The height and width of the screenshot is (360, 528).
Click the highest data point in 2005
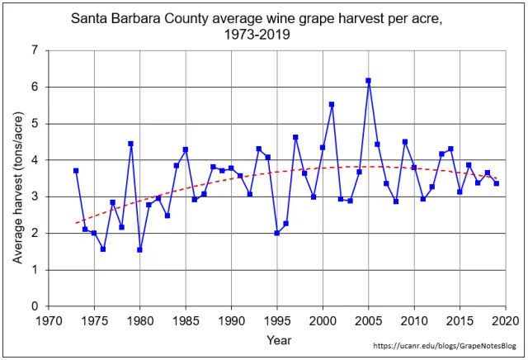[368, 81]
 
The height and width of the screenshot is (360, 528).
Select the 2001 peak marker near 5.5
[332, 105]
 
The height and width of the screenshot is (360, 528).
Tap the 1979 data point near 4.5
[130, 144]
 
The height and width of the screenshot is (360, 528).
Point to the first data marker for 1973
[76, 171]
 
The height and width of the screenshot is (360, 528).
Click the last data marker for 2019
[496, 183]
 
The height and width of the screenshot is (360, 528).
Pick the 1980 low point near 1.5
[139, 249]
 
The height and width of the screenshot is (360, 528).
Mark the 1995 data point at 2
[276, 233]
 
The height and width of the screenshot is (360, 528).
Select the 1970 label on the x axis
[49, 320]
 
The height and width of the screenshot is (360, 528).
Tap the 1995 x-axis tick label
[276, 320]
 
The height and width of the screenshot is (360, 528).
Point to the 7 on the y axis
[35, 50]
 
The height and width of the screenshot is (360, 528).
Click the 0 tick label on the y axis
[35, 306]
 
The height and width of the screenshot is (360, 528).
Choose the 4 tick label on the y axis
[35, 160]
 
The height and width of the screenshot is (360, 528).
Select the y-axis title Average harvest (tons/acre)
[17, 178]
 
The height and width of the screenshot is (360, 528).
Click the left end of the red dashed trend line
[76, 223]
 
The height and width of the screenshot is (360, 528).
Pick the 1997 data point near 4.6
[295, 137]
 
